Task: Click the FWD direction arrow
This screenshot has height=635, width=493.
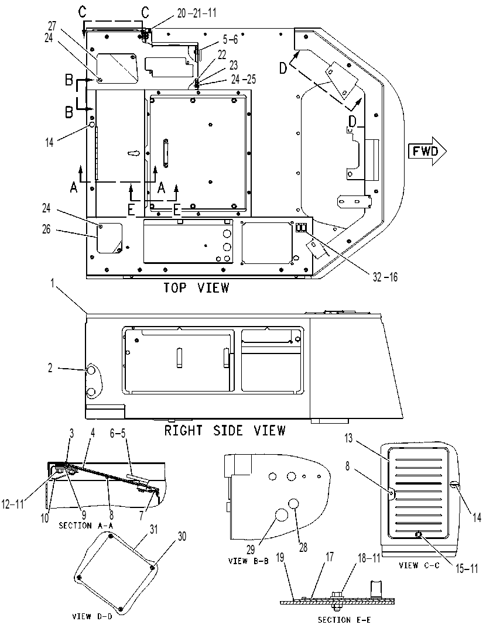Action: [x=427, y=151]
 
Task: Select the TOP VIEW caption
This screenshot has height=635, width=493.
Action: [x=197, y=287]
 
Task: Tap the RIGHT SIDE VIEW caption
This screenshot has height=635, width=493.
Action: [x=225, y=430]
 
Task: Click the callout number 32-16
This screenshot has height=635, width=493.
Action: [x=385, y=277]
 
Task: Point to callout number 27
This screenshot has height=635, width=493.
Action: [x=52, y=26]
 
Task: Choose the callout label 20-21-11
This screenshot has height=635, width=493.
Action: [x=197, y=13]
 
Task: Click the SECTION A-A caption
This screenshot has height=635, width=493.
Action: [x=86, y=525]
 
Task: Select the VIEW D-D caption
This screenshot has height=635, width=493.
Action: [x=92, y=617]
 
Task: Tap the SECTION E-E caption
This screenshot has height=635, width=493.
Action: [x=344, y=620]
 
